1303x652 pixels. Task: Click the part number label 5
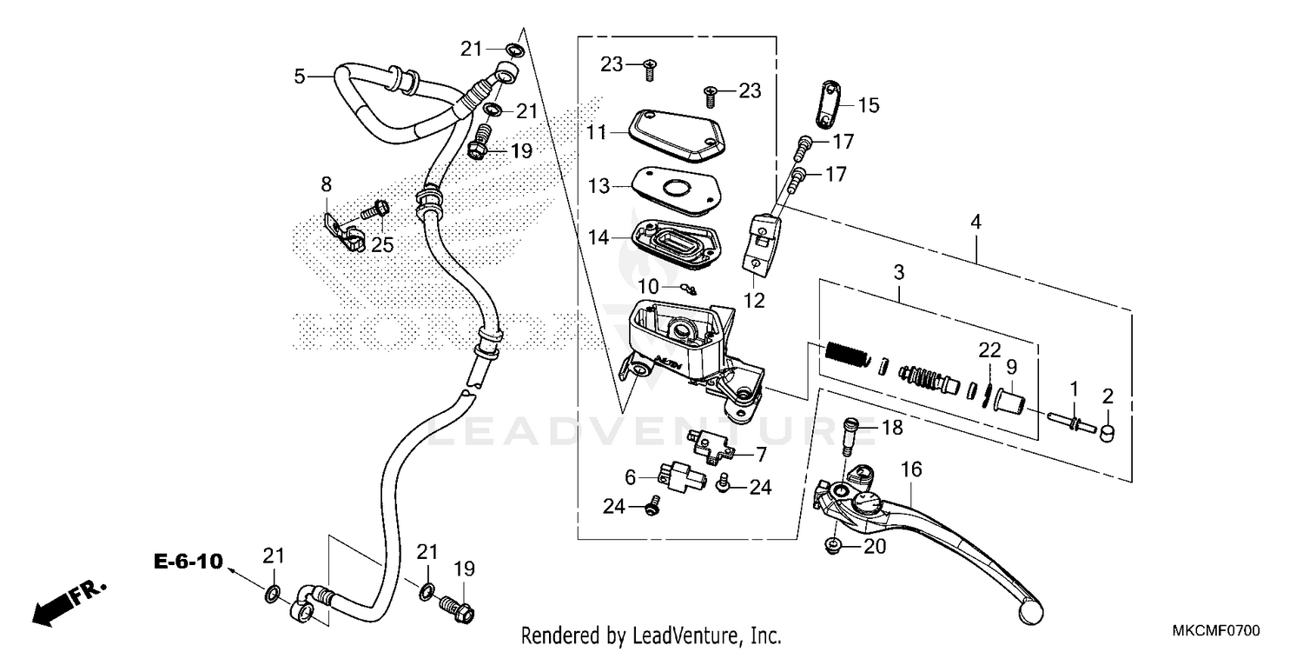[299, 77]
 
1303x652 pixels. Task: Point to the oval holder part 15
[829, 105]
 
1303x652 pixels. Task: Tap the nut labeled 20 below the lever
[833, 547]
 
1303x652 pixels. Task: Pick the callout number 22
[989, 349]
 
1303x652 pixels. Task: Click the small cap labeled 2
[1108, 433]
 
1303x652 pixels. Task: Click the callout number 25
[382, 245]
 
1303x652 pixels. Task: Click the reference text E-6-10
[189, 562]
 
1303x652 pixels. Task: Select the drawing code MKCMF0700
[1216, 630]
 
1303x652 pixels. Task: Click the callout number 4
[976, 223]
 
